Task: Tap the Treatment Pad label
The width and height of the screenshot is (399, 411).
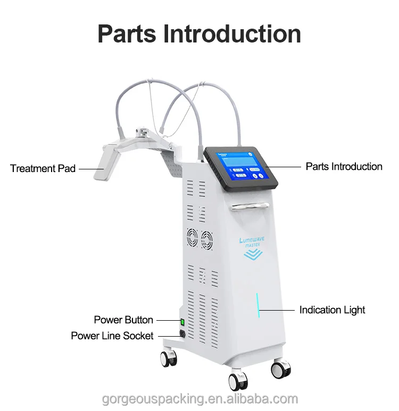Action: tap(43, 168)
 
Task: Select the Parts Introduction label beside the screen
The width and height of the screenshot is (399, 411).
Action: tap(344, 166)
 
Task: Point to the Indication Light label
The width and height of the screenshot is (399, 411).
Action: tap(332, 310)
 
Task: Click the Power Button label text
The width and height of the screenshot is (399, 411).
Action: tap(123, 320)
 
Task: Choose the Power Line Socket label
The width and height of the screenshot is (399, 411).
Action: tap(112, 336)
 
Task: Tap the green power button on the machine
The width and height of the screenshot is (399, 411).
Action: tap(182, 321)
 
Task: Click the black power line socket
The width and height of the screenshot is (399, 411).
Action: tap(182, 334)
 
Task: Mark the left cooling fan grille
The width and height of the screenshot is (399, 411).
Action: tap(192, 237)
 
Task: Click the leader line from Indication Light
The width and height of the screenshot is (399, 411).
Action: tap(277, 309)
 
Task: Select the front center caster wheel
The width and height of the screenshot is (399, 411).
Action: tap(238, 380)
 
